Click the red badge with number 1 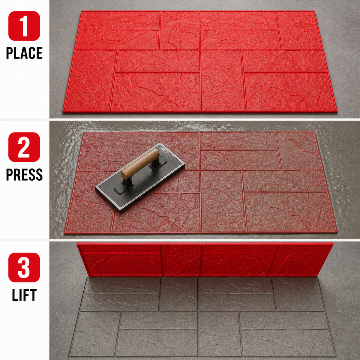(24, 26)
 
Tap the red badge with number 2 (24, 147)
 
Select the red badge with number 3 (24, 267)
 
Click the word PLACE (24, 53)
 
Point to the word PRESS (24, 175)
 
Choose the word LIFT (24, 295)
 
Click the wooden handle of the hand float (140, 163)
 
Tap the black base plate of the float (140, 178)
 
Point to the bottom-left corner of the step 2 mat (64, 233)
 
